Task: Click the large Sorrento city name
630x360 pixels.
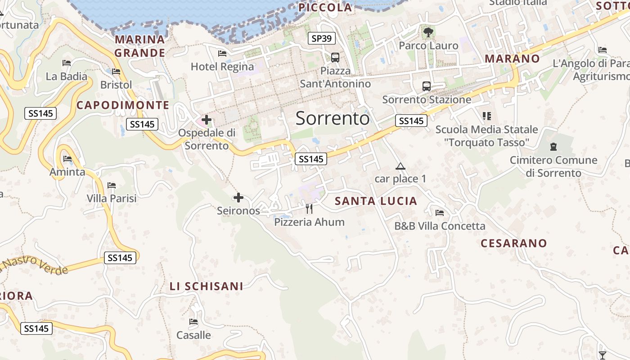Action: click(333, 118)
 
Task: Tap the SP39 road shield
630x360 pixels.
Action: click(322, 38)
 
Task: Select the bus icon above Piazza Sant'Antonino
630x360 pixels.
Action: click(335, 58)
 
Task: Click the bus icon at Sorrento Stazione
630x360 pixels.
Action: click(426, 86)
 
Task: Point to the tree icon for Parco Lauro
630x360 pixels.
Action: click(428, 32)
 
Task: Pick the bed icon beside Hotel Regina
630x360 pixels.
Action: click(222, 54)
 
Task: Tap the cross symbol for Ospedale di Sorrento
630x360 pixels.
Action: click(207, 120)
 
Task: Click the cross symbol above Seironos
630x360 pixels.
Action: click(238, 198)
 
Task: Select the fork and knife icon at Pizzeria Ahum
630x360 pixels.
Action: click(309, 209)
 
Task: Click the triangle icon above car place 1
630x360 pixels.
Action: click(400, 166)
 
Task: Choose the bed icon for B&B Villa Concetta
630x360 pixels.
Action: click(440, 213)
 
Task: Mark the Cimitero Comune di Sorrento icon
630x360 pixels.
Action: click(553, 147)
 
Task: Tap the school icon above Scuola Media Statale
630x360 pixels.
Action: click(486, 116)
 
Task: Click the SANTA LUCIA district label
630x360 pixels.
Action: click(376, 201)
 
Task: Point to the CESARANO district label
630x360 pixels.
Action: click(514, 243)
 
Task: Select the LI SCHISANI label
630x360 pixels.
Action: click(207, 286)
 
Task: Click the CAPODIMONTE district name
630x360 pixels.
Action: click(123, 105)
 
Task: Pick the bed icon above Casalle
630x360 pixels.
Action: click(193, 322)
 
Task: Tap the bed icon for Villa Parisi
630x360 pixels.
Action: click(112, 185)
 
